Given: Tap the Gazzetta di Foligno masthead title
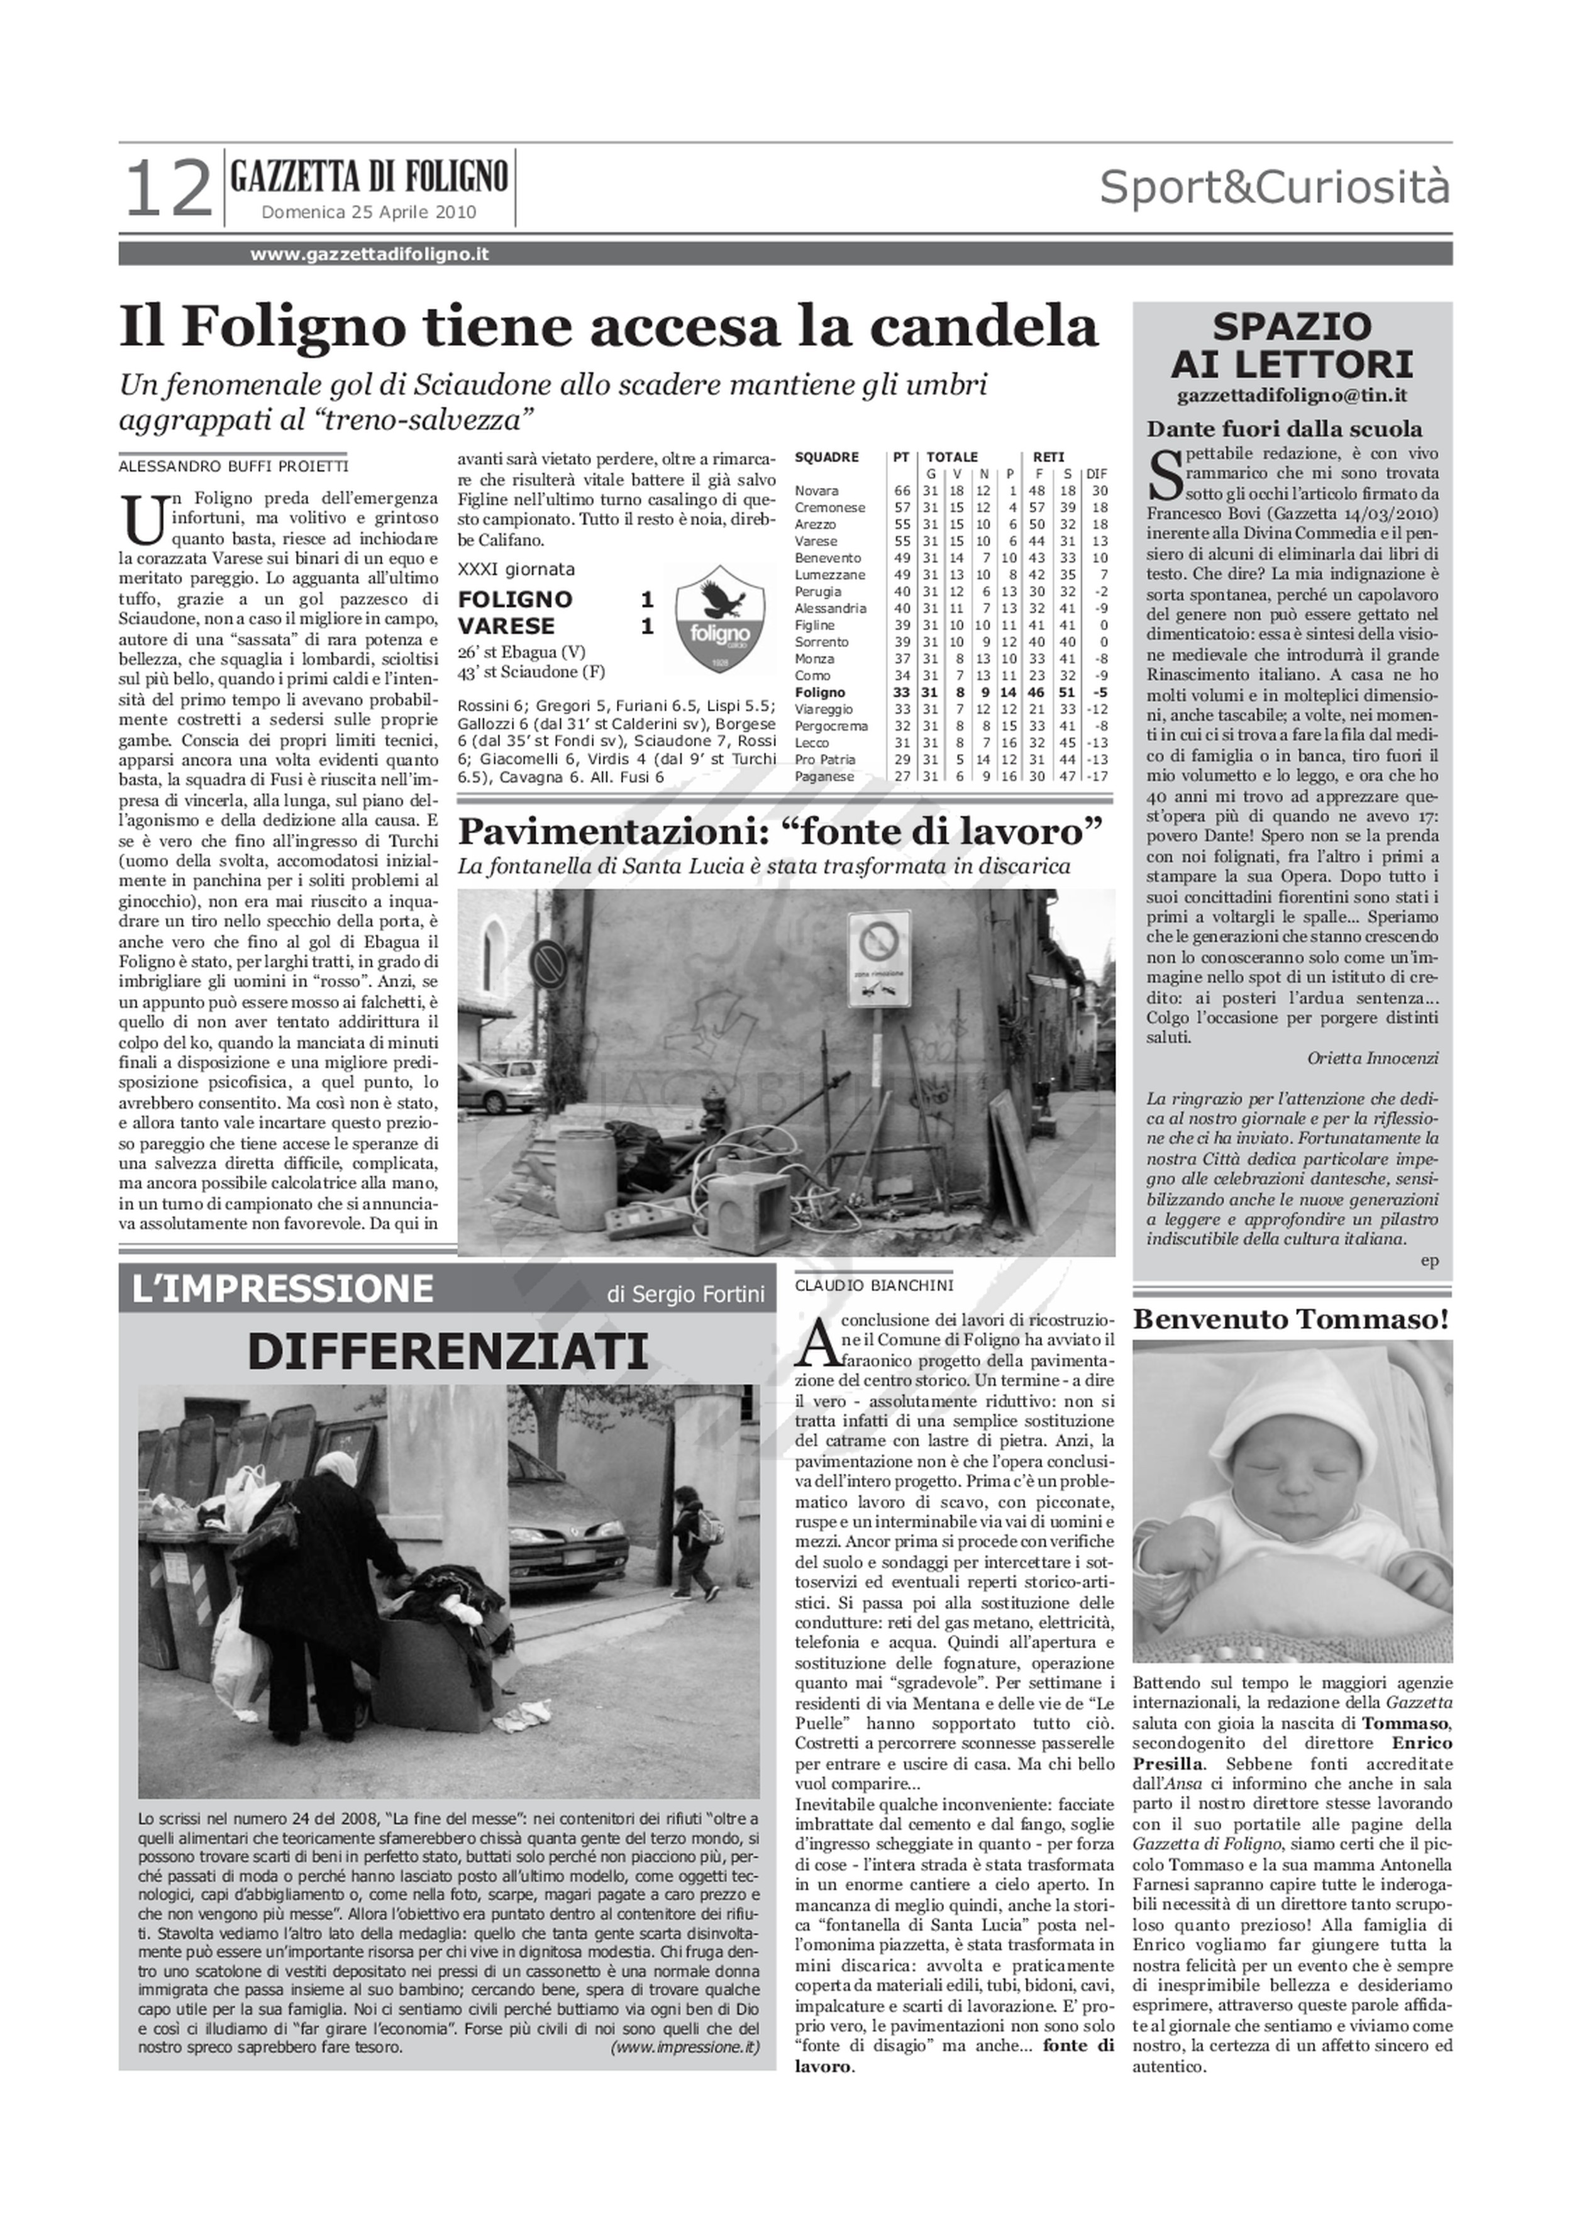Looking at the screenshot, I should click(x=369, y=177).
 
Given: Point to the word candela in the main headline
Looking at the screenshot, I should click(x=983, y=326).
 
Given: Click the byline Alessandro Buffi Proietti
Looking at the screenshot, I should click(x=233, y=466).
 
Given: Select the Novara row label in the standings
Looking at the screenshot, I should click(x=816, y=491).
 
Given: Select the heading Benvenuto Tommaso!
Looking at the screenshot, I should click(x=1292, y=1320).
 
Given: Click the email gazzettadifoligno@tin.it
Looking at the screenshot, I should click(x=1292, y=396).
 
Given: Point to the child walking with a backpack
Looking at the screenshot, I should click(x=694, y=1541).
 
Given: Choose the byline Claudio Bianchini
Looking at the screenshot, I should click(x=873, y=1286).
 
